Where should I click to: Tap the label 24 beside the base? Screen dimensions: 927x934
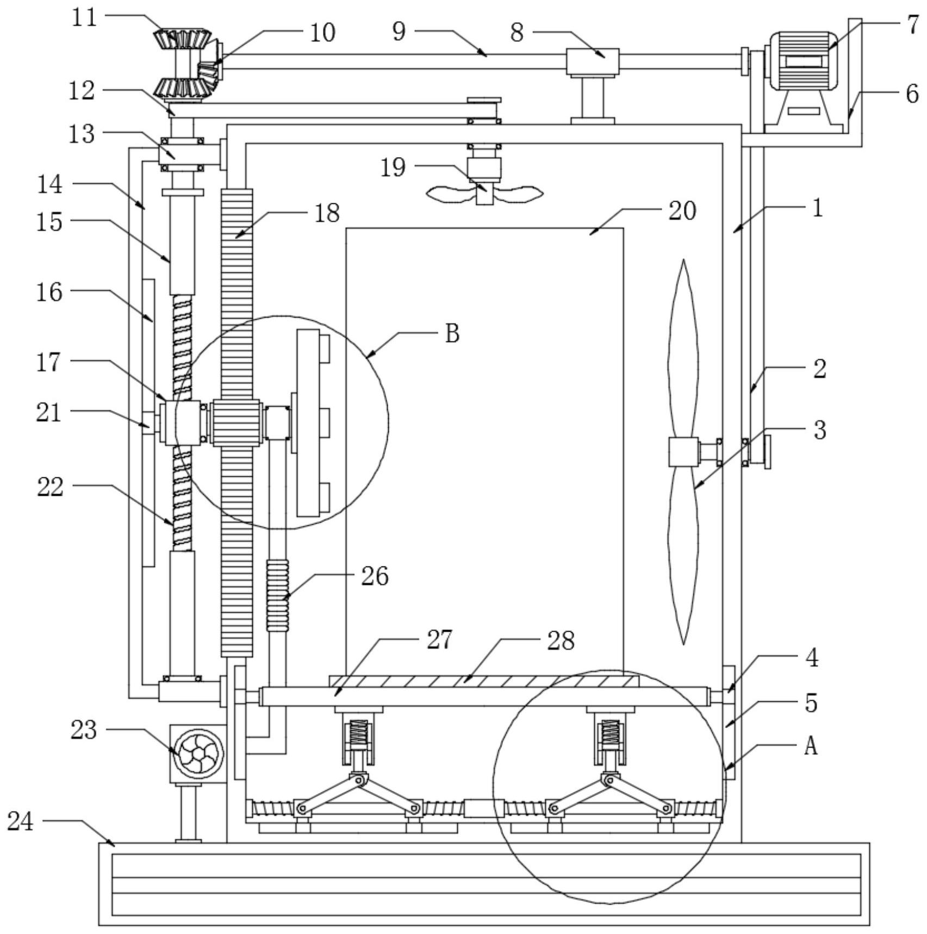click(21, 821)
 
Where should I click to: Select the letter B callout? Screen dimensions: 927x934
click(452, 333)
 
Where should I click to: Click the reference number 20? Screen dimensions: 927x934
click(682, 211)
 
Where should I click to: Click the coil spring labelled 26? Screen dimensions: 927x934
click(278, 595)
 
